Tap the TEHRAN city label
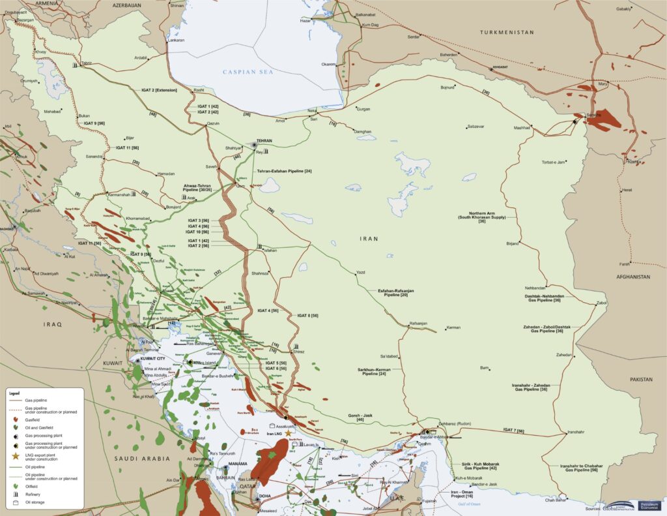263,141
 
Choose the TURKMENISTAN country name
506,32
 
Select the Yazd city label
361,272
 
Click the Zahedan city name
563,355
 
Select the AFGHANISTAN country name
631,277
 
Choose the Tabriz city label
87,63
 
